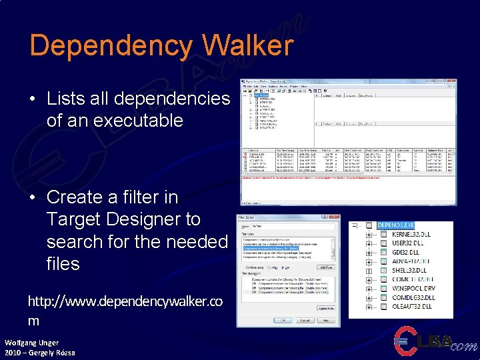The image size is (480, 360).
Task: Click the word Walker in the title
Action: tap(247, 45)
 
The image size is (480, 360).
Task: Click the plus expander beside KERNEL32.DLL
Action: tap(369, 235)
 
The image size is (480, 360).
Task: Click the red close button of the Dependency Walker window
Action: tap(452, 82)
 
